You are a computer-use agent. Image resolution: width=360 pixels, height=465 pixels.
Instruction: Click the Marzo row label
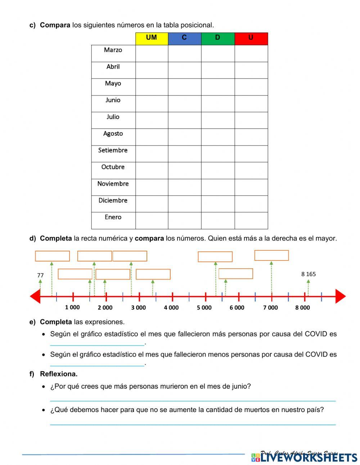(x=113, y=50)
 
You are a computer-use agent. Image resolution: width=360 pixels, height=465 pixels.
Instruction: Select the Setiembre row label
(x=113, y=150)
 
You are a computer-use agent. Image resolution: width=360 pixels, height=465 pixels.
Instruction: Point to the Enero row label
(x=113, y=217)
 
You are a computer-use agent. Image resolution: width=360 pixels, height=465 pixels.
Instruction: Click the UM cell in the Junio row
(x=152, y=104)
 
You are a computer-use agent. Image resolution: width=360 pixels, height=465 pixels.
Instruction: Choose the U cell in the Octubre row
(x=251, y=170)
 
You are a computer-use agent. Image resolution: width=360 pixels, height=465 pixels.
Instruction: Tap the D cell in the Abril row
(x=218, y=70)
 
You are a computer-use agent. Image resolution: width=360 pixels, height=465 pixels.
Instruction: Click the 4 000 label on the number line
(x=171, y=308)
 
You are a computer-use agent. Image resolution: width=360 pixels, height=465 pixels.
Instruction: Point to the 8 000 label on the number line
(x=302, y=308)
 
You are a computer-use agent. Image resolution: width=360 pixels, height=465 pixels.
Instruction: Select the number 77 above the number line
(x=40, y=276)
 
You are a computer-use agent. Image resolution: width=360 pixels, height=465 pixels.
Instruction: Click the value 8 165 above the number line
(x=309, y=274)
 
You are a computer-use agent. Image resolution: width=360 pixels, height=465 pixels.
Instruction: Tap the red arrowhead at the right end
(x=340, y=296)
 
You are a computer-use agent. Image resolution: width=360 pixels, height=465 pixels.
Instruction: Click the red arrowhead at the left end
(x=35, y=296)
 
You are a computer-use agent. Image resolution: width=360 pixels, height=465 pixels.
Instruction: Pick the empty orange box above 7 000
(x=271, y=255)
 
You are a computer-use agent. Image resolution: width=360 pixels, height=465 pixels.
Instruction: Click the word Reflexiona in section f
(x=59, y=374)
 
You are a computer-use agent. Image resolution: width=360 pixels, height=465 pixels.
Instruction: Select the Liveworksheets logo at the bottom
(x=304, y=457)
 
